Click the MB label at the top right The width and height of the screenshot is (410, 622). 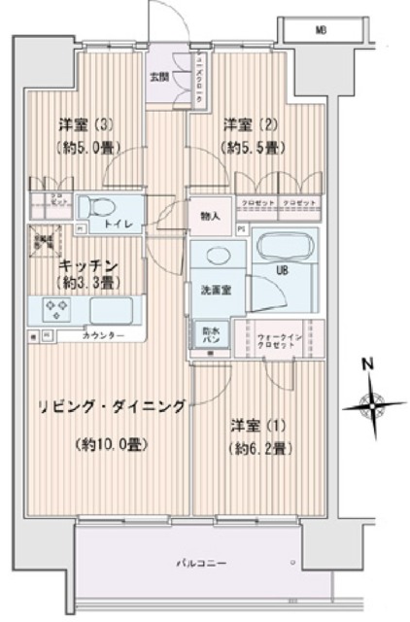pyautogui.click(x=320, y=30)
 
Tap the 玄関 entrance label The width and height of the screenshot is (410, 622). pyautogui.click(x=159, y=75)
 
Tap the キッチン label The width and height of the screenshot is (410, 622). pyautogui.click(x=88, y=264)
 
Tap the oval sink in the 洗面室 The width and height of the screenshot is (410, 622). pyautogui.click(x=220, y=254)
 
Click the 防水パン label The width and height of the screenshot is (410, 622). pyautogui.click(x=211, y=333)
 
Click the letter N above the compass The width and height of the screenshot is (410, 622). pyautogui.click(x=367, y=365)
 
